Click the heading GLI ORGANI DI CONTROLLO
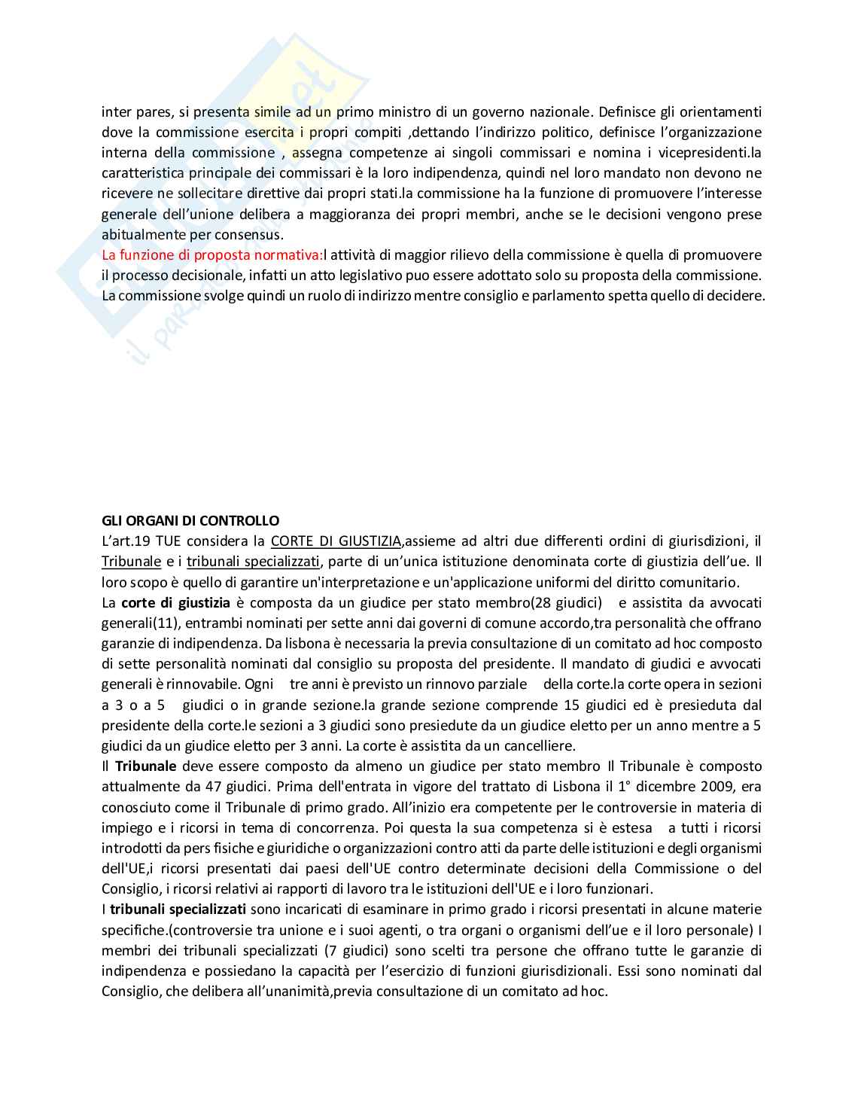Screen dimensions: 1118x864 click(190, 520)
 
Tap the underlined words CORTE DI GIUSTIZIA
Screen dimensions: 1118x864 click(336, 541)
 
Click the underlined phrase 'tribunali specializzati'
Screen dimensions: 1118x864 click(253, 561)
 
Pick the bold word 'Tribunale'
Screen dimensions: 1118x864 click(145, 766)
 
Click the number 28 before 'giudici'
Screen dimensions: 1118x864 click(540, 602)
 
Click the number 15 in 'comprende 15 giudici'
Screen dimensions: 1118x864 click(571, 705)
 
